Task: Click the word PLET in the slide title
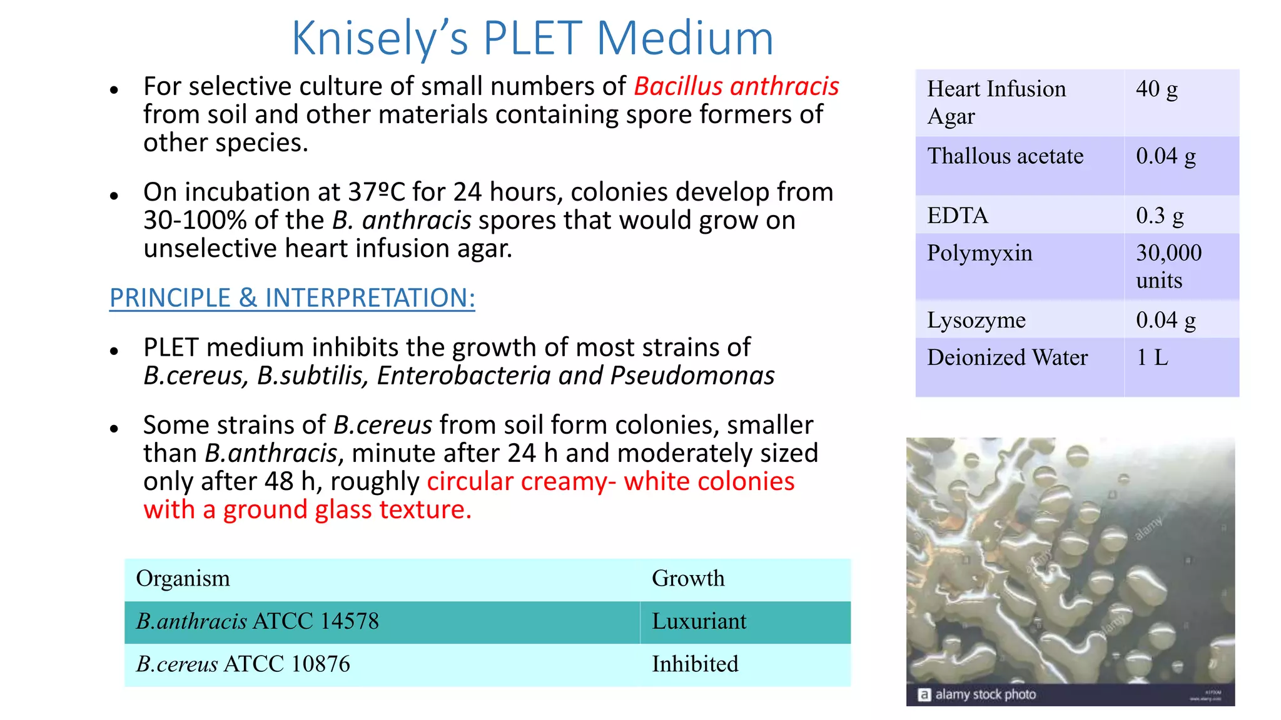pos(534,39)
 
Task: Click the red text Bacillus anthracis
pos(736,86)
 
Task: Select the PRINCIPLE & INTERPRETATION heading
pos(292,298)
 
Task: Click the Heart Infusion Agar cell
pos(996,102)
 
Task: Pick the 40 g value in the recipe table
pos(1157,89)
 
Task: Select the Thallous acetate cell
pos(1005,156)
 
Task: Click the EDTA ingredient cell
pos(958,216)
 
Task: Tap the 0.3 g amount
pos(1160,216)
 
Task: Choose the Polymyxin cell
pos(980,253)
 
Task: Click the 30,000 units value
pos(1168,266)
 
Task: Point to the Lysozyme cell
pos(976,320)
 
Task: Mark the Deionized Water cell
pos(1007,357)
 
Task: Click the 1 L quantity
pos(1152,357)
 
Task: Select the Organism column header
pos(183,579)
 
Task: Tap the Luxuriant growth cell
pos(699,621)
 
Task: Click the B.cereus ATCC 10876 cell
pos(243,664)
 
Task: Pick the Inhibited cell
pos(695,664)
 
